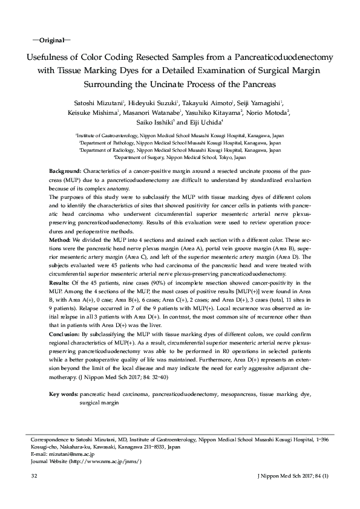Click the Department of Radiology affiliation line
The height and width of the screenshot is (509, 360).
180,150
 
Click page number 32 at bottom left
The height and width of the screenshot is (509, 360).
34,478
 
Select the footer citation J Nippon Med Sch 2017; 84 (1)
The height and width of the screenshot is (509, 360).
293,478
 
